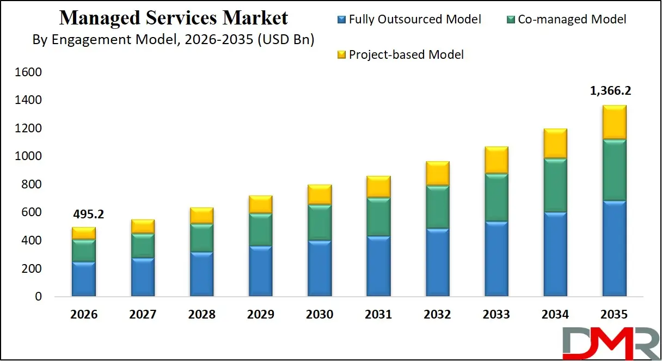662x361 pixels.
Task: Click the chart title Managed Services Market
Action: pos(173,18)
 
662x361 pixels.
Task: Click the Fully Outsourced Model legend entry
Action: pos(409,20)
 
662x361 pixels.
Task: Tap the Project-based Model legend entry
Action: pos(401,54)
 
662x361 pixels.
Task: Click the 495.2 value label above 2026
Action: pos(88,215)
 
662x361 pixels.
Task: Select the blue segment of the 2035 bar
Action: pos(614,248)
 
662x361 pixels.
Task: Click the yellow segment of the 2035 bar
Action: pos(614,122)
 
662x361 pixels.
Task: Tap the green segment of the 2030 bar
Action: pos(320,223)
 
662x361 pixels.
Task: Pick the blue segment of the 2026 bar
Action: pos(84,279)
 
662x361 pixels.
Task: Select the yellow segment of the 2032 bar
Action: pos(437,173)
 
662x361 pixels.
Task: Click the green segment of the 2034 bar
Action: pos(555,185)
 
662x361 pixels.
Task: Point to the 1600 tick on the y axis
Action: pos(31,72)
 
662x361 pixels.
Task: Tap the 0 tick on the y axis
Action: pos(38,297)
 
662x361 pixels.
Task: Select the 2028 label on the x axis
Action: pos(202,315)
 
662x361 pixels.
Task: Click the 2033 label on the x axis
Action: pos(496,315)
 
